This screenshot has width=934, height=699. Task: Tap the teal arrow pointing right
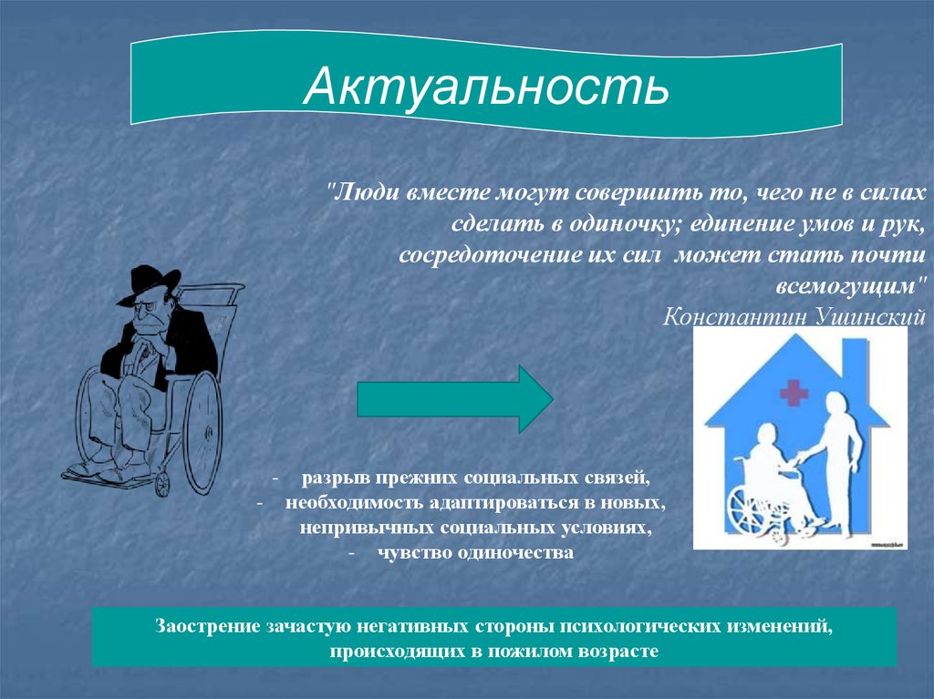455,399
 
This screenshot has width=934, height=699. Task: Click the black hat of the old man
148,284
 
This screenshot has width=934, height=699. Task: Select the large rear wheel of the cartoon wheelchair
202,432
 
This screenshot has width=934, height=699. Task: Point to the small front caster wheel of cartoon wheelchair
162,483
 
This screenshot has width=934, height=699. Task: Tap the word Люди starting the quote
367,193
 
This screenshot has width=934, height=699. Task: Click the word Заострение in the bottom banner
207,627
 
